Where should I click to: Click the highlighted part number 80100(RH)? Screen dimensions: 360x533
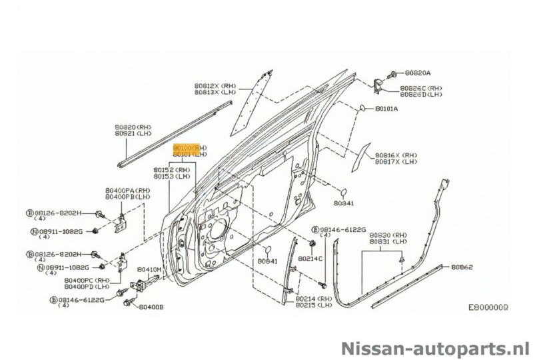pyautogui.click(x=190, y=147)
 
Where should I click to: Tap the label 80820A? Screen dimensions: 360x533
pyautogui.click(x=418, y=72)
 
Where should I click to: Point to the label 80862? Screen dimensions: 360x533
pyautogui.click(x=462, y=267)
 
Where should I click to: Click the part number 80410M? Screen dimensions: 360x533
pyautogui.click(x=149, y=269)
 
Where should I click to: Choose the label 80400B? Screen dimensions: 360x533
pyautogui.click(x=151, y=307)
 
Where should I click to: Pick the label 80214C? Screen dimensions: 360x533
pyautogui.click(x=310, y=258)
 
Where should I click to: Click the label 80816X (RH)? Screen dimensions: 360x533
pyautogui.click(x=396, y=153)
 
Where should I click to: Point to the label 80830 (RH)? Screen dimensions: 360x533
pyautogui.click(x=389, y=235)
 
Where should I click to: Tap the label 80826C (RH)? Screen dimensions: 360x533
pyautogui.click(x=421, y=88)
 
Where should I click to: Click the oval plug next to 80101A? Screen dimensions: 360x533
pyautogui.click(x=363, y=107)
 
